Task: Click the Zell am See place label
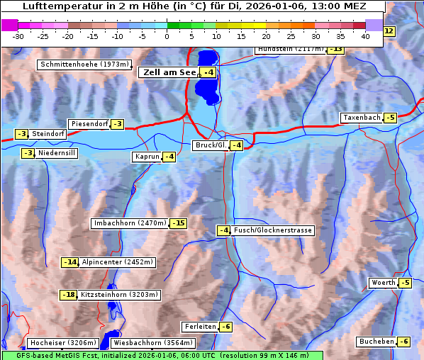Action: [169, 72]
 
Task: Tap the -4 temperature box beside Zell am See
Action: [208, 72]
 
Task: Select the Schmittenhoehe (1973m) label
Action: [84, 64]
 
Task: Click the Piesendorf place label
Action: [89, 124]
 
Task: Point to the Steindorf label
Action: [49, 134]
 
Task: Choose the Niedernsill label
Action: [57, 153]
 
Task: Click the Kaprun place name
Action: [146, 157]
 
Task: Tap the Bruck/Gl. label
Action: [211, 145]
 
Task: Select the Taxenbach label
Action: [361, 118]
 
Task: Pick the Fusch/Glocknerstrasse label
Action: [273, 230]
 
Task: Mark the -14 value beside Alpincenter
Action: [70, 262]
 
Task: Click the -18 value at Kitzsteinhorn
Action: [68, 295]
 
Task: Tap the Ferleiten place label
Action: [199, 327]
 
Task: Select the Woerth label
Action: [383, 283]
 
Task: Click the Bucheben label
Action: [376, 342]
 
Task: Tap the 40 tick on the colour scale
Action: [365, 36]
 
